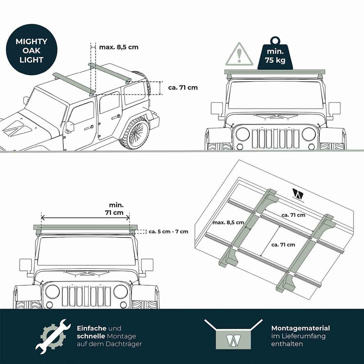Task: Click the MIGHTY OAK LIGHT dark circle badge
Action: tap(31, 50)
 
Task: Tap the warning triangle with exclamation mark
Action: tap(239, 54)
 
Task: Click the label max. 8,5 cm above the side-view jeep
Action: tap(119, 47)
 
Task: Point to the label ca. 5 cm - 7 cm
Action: tap(168, 232)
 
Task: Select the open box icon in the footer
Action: tap(233, 334)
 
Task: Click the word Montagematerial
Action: tap(300, 328)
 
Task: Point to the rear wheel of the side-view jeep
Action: tap(135, 133)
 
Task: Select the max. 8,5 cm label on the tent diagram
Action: tap(228, 222)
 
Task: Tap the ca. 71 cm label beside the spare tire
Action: tap(183, 87)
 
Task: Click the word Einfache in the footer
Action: tap(91, 328)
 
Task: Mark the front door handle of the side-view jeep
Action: tap(89, 128)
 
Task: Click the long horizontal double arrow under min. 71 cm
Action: tap(86, 218)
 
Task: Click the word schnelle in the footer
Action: tap(91, 336)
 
